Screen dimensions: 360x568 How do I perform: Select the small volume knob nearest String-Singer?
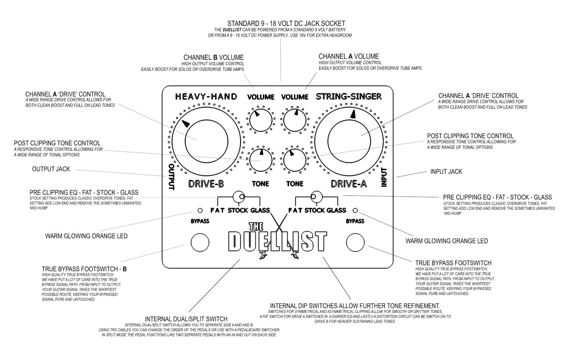click(295, 119)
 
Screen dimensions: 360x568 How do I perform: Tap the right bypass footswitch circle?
click(356, 242)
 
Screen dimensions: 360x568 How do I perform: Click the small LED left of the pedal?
click(200, 211)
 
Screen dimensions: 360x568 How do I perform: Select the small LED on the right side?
click(355, 211)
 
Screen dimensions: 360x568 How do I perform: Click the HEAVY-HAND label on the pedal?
click(206, 97)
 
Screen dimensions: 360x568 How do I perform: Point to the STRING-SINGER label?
click(349, 97)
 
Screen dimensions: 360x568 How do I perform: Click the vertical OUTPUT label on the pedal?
click(171, 177)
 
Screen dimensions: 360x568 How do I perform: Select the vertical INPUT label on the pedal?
click(384, 177)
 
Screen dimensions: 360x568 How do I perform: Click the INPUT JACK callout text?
click(446, 172)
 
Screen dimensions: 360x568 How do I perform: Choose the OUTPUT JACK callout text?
click(51, 169)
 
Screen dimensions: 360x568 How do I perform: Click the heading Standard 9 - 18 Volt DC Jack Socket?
click(286, 23)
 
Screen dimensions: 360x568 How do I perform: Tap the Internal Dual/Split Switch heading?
click(186, 319)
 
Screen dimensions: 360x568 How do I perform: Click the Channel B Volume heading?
click(213, 58)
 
